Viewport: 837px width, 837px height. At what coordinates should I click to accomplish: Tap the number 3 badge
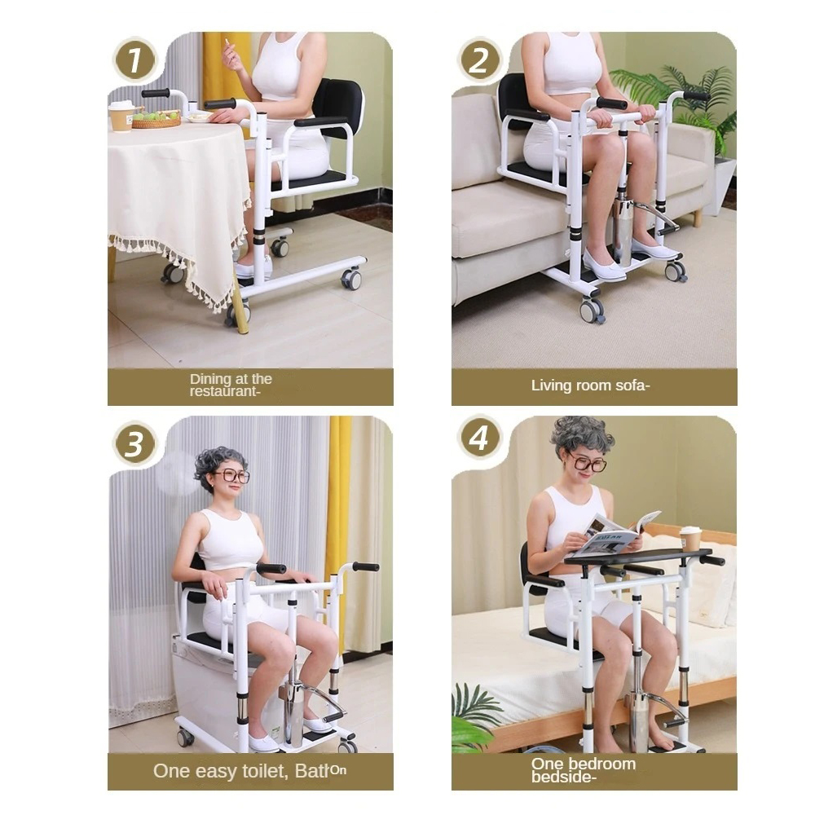point(134,444)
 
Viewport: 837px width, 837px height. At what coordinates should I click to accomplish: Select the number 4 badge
point(479,438)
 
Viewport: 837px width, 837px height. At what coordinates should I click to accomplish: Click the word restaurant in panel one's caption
point(224,392)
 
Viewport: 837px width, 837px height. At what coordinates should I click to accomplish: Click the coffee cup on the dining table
point(121,116)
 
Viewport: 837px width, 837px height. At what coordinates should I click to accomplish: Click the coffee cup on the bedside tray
point(689,539)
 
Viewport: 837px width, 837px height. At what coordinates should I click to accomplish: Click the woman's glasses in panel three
point(231,476)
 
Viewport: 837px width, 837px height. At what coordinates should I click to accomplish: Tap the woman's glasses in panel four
point(588,465)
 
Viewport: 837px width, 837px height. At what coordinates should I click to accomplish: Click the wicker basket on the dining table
point(156,120)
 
